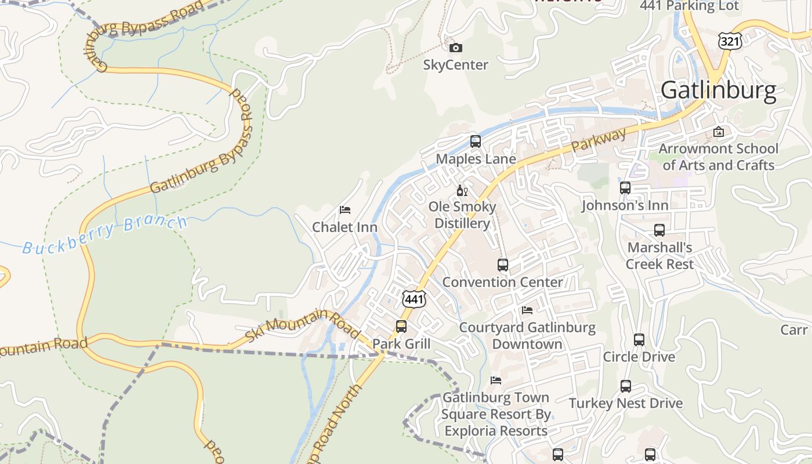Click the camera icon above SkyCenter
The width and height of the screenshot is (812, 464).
click(x=456, y=48)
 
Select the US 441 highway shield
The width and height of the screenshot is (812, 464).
click(x=414, y=299)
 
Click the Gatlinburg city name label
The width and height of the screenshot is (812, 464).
click(x=718, y=90)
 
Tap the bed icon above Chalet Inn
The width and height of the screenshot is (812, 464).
click(x=345, y=209)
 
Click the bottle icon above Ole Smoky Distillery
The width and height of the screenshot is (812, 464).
click(x=462, y=190)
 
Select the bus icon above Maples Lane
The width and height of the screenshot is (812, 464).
click(x=476, y=141)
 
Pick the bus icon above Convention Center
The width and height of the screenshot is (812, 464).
click(x=503, y=265)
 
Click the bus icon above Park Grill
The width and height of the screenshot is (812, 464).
click(x=401, y=327)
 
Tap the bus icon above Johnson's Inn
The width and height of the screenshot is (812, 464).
click(x=625, y=188)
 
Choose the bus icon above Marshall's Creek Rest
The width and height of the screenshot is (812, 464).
click(x=659, y=230)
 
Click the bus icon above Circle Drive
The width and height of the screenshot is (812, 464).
click(x=639, y=340)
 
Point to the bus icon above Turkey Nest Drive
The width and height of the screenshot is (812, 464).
click(x=626, y=386)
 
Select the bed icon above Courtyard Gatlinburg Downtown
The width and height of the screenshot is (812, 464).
click(x=527, y=310)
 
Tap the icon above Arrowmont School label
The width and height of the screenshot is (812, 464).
click(x=719, y=132)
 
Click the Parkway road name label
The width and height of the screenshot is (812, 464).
click(x=599, y=140)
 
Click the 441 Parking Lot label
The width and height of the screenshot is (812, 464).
click(x=689, y=6)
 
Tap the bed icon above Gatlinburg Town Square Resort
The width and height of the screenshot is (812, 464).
click(x=496, y=380)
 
